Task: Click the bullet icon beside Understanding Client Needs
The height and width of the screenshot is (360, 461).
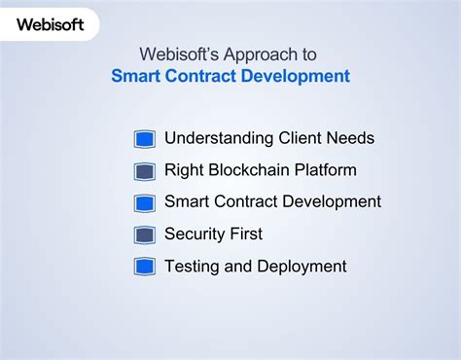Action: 145,139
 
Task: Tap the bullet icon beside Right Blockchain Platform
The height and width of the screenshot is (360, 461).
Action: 145,171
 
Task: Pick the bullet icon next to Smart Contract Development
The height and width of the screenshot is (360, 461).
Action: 145,203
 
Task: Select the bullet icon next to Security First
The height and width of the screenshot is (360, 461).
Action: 145,234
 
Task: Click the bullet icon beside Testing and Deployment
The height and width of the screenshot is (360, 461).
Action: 145,267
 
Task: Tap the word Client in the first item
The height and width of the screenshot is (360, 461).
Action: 301,138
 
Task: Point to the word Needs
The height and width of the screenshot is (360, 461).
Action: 352,138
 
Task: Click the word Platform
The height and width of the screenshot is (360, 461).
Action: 325,170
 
